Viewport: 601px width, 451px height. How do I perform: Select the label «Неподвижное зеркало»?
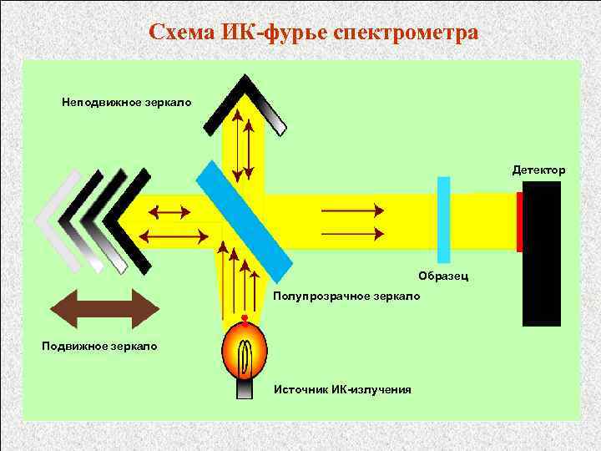click(126, 103)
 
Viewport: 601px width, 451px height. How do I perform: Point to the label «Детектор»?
click(538, 170)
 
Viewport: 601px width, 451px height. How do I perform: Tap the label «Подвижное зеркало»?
click(99, 345)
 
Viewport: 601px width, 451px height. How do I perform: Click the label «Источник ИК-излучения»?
click(342, 389)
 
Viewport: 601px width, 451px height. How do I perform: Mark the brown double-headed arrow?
click(104, 307)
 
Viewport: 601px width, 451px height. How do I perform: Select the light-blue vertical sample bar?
click(443, 220)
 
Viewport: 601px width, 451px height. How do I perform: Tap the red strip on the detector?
click(519, 221)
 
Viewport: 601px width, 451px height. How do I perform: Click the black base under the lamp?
click(243, 392)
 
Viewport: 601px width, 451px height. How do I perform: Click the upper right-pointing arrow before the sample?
click(351, 209)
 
